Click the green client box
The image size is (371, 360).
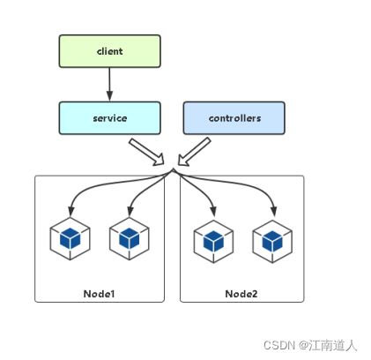pyautogui.click(x=109, y=51)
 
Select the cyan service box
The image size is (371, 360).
pyautogui.click(x=109, y=118)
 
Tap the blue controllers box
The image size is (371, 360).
pyautogui.click(x=234, y=118)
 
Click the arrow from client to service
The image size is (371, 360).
pyautogui.click(x=109, y=85)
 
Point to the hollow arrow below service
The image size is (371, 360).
pyautogui.click(x=146, y=152)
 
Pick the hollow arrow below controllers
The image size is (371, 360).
pyautogui.click(x=194, y=152)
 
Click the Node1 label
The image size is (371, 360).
pyautogui.click(x=99, y=294)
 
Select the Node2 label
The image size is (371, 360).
pyautogui.click(x=241, y=294)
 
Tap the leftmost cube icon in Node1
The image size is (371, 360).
pyautogui.click(x=70, y=238)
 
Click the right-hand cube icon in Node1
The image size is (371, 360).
pyautogui.click(x=130, y=238)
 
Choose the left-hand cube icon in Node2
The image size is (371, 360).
pyautogui.click(x=213, y=241)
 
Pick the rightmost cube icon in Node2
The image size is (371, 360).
pyautogui.click(x=272, y=241)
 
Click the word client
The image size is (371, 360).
pyautogui.click(x=109, y=51)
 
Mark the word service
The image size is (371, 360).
pyautogui.click(x=110, y=118)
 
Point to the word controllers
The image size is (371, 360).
pyautogui.click(x=234, y=118)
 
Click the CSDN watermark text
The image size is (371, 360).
pyautogui.click(x=310, y=345)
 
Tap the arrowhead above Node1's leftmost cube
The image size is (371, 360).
pyautogui.click(x=70, y=212)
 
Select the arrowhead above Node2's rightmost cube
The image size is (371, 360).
pyautogui.click(x=273, y=211)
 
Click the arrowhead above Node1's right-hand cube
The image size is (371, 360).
pyautogui.click(x=130, y=212)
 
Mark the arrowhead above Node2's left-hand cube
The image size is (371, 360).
pyautogui.click(x=213, y=211)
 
